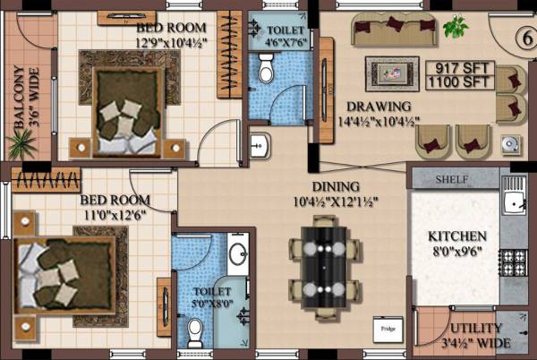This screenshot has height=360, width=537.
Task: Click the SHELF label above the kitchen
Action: [453, 179]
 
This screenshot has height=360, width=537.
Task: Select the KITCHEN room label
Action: [457, 236]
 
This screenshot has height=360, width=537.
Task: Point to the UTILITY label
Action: [475, 329]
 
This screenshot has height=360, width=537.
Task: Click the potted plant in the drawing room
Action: [456, 27]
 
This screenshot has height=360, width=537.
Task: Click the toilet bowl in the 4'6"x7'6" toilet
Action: [265, 66]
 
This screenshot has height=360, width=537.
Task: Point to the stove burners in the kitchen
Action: [513, 261]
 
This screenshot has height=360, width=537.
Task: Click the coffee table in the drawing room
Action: [391, 72]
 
